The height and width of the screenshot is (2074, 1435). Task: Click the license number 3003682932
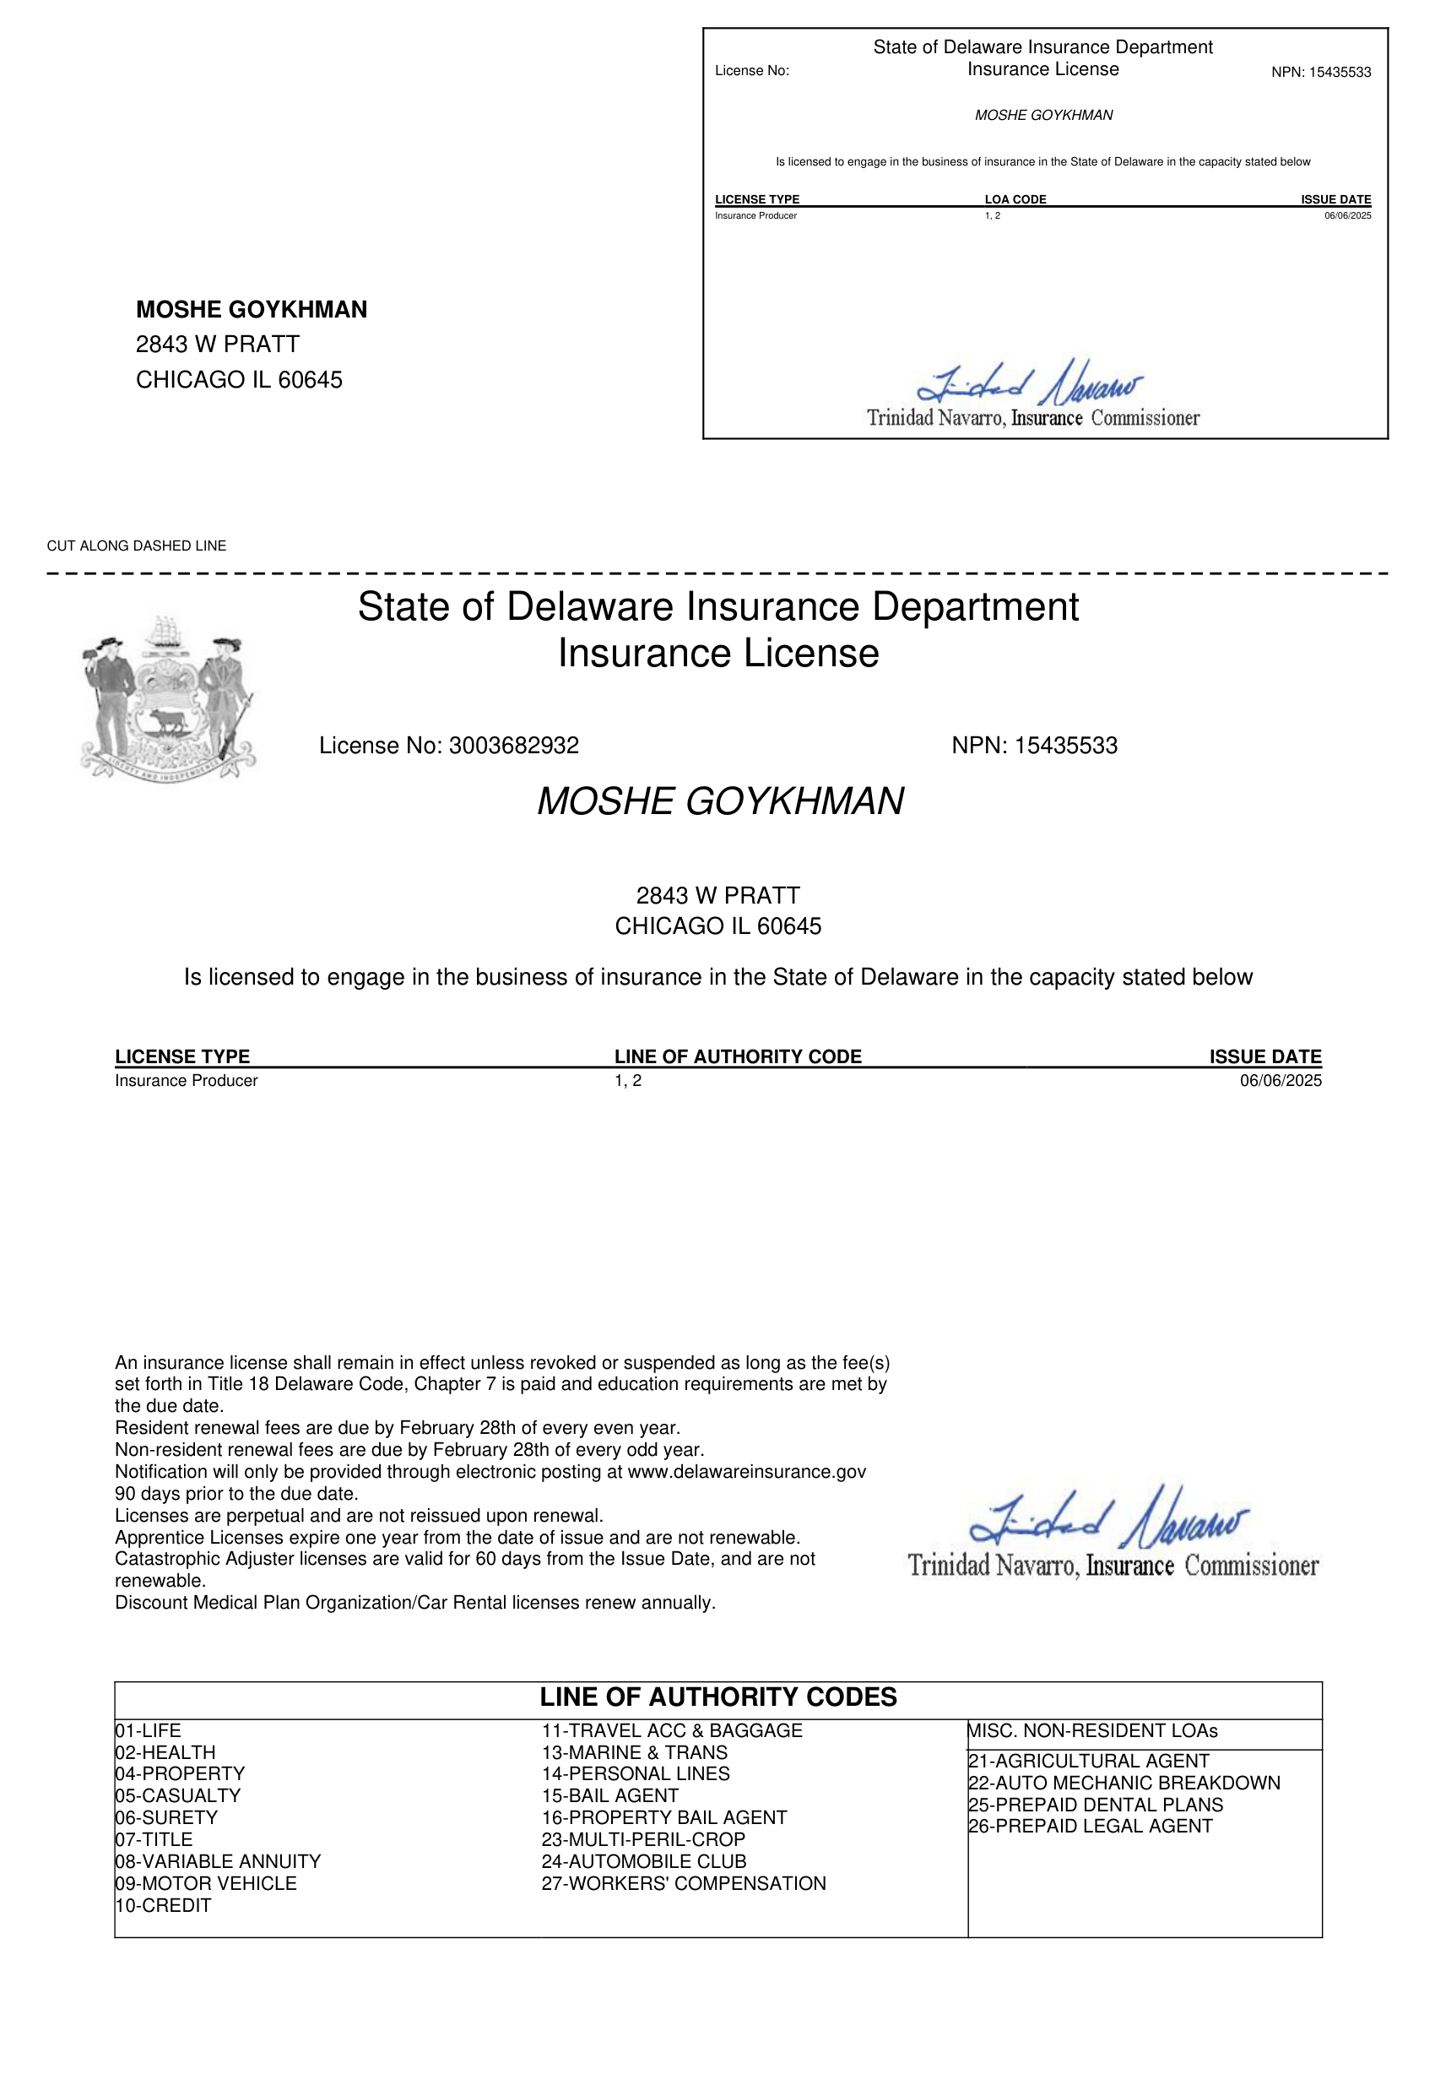click(513, 746)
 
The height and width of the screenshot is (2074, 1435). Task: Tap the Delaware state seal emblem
click(168, 698)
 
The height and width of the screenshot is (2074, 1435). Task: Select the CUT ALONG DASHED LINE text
click(137, 546)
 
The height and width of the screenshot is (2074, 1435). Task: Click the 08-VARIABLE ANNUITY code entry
click(218, 1861)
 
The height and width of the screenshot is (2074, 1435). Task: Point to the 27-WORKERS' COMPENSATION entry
click(684, 1882)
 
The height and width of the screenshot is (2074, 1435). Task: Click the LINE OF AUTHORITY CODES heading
click(718, 1697)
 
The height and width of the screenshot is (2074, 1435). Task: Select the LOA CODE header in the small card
click(1015, 199)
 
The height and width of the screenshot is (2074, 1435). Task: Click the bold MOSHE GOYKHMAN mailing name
click(252, 309)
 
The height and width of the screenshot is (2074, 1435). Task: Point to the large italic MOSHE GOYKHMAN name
click(720, 801)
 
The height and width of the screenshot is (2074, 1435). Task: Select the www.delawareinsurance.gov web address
click(746, 1471)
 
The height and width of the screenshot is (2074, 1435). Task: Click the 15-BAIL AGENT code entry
click(609, 1795)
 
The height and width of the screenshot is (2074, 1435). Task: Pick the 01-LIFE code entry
click(149, 1729)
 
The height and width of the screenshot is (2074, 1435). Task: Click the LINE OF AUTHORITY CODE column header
click(738, 1056)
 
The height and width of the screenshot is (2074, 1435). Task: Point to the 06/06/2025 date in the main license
click(1281, 1080)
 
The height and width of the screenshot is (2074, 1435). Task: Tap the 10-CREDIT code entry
click(163, 1905)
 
